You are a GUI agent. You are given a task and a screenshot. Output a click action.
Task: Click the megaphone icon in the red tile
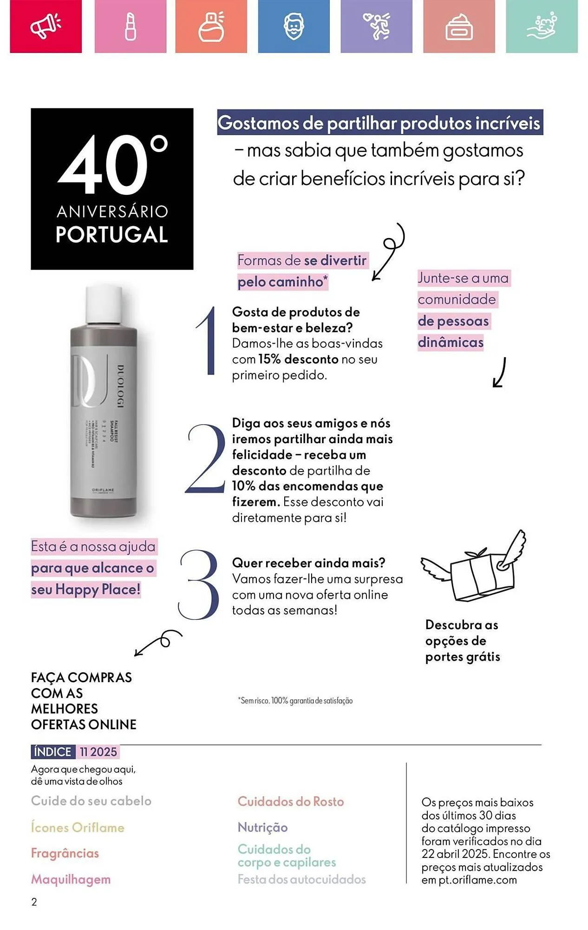click(x=45, y=26)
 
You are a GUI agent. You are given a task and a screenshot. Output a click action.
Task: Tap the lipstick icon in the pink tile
click(x=131, y=26)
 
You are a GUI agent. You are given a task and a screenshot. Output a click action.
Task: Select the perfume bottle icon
click(x=211, y=26)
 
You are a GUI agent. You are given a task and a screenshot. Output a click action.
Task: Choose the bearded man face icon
click(x=294, y=26)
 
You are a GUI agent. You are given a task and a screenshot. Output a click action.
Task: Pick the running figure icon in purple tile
click(x=377, y=26)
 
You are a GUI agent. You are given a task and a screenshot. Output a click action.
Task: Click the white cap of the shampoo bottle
click(x=104, y=305)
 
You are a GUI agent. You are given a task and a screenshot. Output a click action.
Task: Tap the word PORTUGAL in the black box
click(x=111, y=234)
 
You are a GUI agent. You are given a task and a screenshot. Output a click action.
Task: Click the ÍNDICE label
click(x=52, y=751)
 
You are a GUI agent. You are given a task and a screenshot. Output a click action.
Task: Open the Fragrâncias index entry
click(x=65, y=853)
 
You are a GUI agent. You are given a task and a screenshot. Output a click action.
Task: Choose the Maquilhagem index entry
click(x=71, y=879)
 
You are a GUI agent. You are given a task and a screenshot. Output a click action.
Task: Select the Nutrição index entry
click(x=262, y=827)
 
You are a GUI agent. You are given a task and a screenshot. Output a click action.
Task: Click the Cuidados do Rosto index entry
click(x=291, y=801)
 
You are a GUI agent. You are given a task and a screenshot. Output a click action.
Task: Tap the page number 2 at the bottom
click(x=34, y=902)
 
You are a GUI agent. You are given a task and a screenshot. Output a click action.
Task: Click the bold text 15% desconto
click(x=298, y=359)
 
